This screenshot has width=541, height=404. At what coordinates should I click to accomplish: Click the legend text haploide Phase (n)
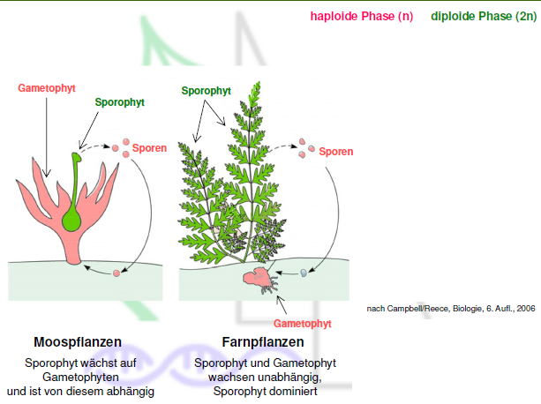click(x=361, y=17)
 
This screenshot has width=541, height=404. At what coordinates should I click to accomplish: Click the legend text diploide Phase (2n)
click(x=481, y=17)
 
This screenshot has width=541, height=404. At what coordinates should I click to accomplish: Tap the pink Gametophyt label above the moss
click(x=46, y=88)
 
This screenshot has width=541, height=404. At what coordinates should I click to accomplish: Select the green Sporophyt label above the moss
click(x=120, y=102)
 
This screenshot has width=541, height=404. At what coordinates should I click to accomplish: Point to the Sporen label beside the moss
click(x=150, y=149)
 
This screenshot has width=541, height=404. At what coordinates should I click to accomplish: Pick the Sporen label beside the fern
click(x=335, y=152)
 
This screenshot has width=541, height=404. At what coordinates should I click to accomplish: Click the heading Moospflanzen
click(x=78, y=341)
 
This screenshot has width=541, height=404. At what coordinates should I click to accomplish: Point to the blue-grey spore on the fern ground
click(x=303, y=273)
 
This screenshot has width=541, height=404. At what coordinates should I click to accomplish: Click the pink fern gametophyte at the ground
click(x=256, y=277)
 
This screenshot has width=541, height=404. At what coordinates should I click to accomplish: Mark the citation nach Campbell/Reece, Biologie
click(x=450, y=309)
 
